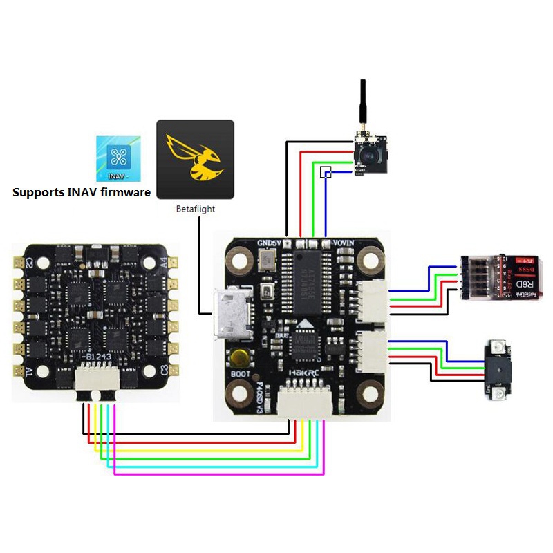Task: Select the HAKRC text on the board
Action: click(306, 373)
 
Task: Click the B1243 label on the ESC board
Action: click(95, 357)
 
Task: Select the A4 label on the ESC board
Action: click(163, 263)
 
